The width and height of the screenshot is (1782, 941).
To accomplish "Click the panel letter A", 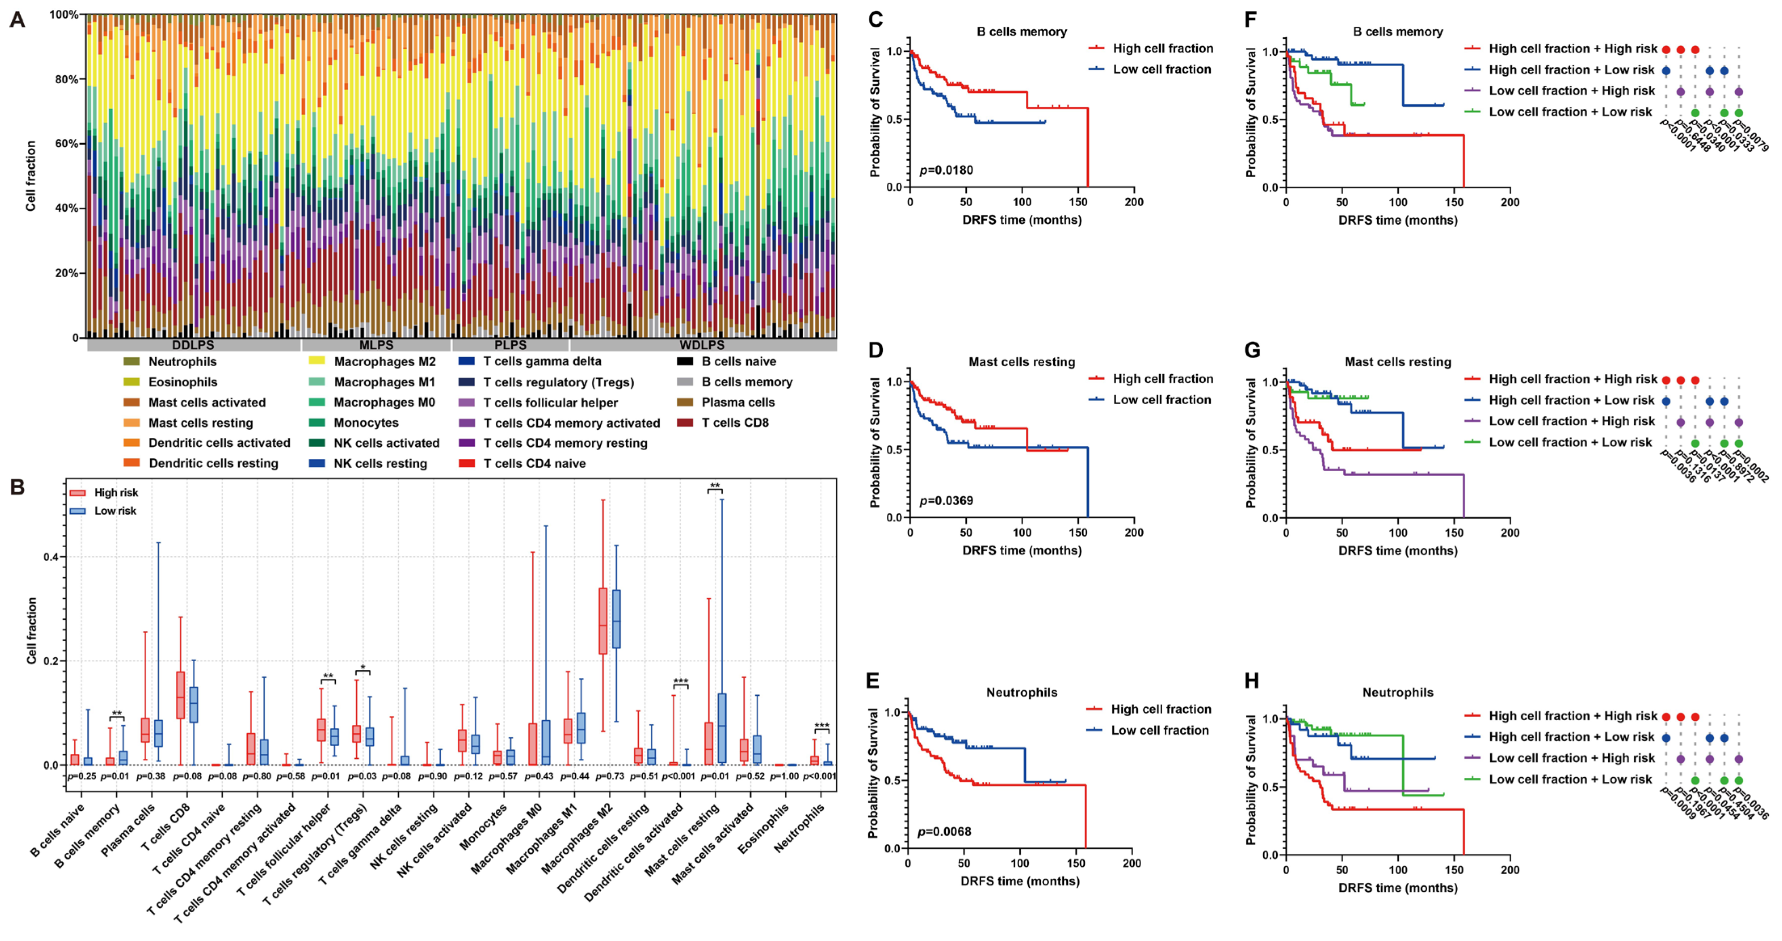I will pos(17,19).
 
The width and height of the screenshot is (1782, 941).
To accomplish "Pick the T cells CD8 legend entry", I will pos(735,423).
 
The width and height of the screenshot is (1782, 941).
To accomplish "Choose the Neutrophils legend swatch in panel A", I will pos(131,361).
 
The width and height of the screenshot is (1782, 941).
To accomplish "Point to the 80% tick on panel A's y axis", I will pos(66,79).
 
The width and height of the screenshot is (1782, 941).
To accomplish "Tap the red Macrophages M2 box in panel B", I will pos(602,620).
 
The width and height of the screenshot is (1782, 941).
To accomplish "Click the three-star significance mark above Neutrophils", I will pos(821,726).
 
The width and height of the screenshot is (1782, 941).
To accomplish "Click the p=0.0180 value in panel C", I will pos(946,170).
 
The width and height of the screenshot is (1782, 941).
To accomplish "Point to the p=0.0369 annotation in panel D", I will pos(946,500).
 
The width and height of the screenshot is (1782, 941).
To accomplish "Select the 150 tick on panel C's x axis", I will pos(1078,202).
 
